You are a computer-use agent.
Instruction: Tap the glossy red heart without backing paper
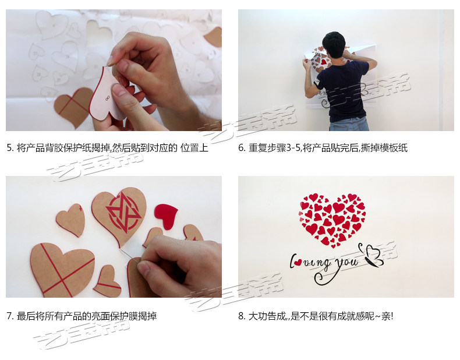click(x=166, y=216)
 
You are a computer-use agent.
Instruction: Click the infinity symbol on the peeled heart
click(x=108, y=98)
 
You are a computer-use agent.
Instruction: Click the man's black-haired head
click(x=334, y=45)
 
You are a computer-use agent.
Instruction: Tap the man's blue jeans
click(x=349, y=124)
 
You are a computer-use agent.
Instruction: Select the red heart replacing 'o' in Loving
click(x=298, y=262)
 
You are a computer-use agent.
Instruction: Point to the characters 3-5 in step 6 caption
click(x=293, y=147)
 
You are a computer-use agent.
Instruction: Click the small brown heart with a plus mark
click(x=71, y=220)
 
